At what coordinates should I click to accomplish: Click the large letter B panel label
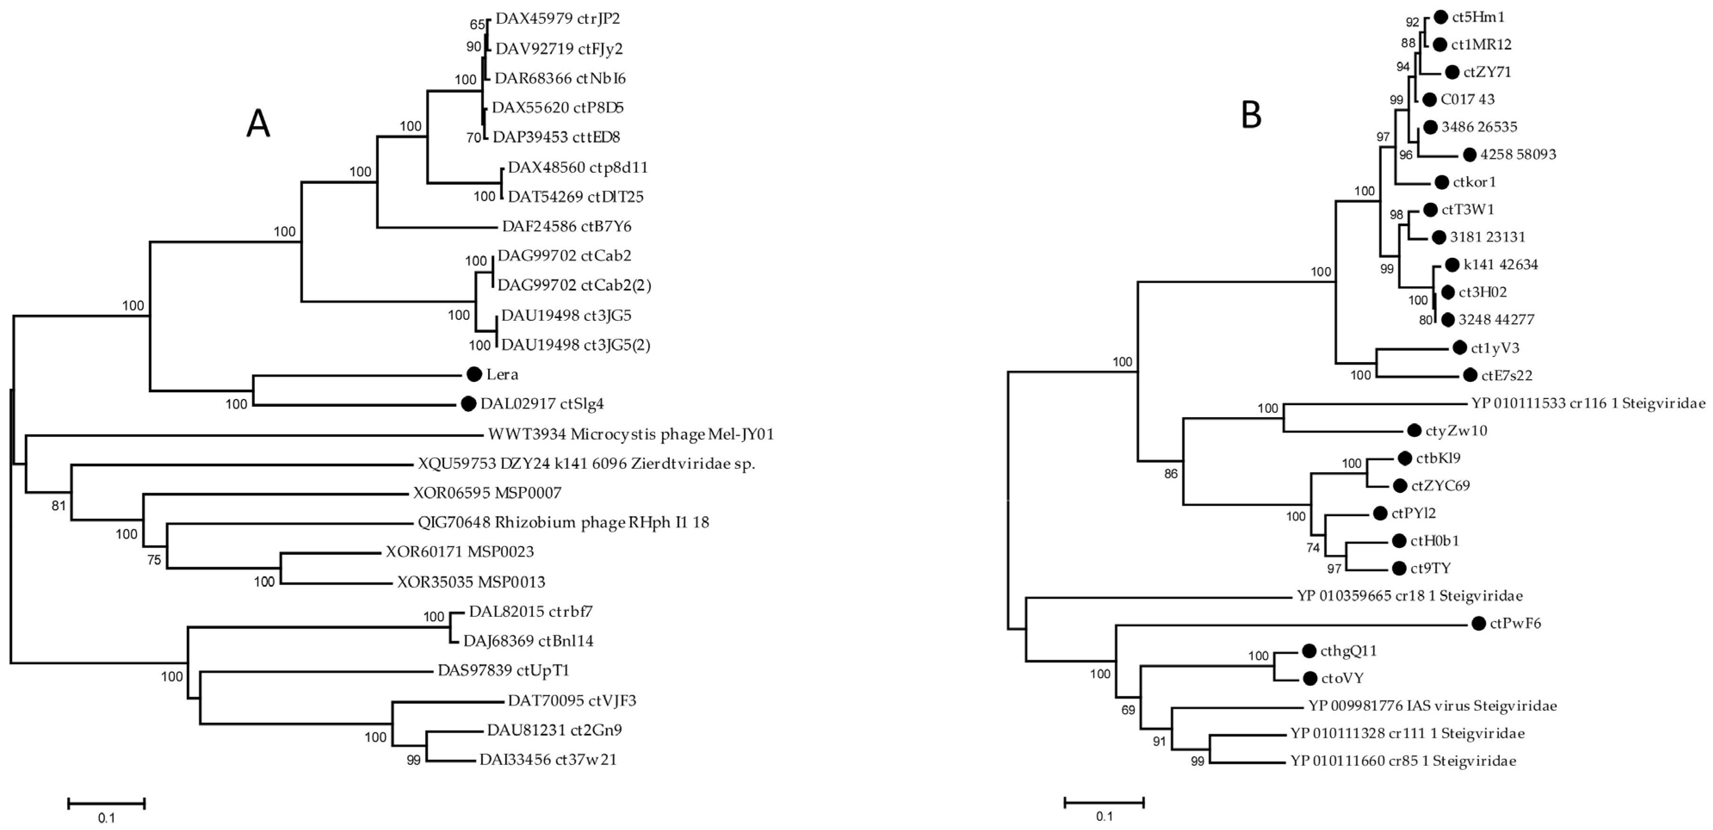(1251, 116)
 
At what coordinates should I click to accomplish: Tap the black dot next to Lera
(474, 375)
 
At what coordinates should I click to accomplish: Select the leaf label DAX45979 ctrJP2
(557, 19)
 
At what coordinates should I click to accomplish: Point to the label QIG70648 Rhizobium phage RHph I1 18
(563, 522)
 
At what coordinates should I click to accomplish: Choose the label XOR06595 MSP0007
(487, 493)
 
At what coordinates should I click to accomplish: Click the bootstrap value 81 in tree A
(59, 505)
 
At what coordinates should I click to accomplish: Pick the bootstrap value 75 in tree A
(154, 560)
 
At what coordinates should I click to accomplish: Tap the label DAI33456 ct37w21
(548, 759)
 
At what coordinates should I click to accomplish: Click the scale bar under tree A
(106, 803)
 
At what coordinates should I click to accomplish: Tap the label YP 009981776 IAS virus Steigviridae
(1432, 706)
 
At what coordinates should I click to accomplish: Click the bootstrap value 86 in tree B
(1171, 474)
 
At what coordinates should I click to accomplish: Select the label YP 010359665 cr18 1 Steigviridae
(1409, 596)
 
